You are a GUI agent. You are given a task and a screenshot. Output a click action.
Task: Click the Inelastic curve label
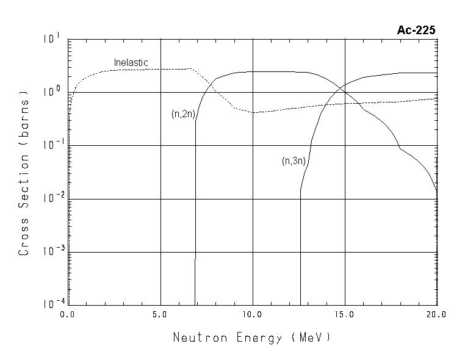pos(131,62)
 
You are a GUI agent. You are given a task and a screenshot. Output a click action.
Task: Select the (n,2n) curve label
pos(182,114)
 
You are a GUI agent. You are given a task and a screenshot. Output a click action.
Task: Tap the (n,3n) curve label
pos(294,161)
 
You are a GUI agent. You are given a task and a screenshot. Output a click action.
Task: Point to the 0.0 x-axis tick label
pos(67,315)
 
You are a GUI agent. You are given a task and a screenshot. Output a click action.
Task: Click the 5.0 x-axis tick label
pos(160,315)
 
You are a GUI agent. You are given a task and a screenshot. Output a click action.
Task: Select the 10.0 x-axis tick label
pos(252,315)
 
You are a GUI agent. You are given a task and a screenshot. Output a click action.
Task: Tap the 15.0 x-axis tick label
pos(345,315)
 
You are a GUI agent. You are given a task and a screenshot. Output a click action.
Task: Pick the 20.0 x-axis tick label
pos(436,315)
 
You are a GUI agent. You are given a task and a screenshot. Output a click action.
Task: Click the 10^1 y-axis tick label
pos(52,40)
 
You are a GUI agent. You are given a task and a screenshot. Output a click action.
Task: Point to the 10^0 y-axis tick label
pos(52,92)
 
